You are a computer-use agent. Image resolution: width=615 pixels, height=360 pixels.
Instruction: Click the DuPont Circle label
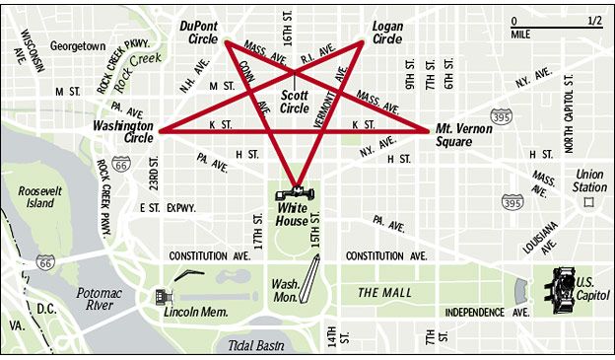[x=204, y=33]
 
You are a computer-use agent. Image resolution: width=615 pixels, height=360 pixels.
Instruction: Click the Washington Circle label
[x=123, y=132]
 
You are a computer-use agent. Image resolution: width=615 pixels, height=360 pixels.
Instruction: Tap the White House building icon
[x=296, y=192]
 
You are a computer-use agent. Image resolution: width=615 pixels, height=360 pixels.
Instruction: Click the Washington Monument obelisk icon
[x=312, y=279]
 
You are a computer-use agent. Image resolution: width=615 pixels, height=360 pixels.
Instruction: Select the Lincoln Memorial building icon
[x=163, y=296]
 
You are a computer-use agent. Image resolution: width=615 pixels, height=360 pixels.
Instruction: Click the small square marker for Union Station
[x=589, y=202]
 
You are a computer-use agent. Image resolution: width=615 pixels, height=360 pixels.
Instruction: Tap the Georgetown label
[x=78, y=45]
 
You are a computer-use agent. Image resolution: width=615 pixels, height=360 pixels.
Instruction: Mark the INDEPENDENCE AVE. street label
[x=489, y=312]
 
